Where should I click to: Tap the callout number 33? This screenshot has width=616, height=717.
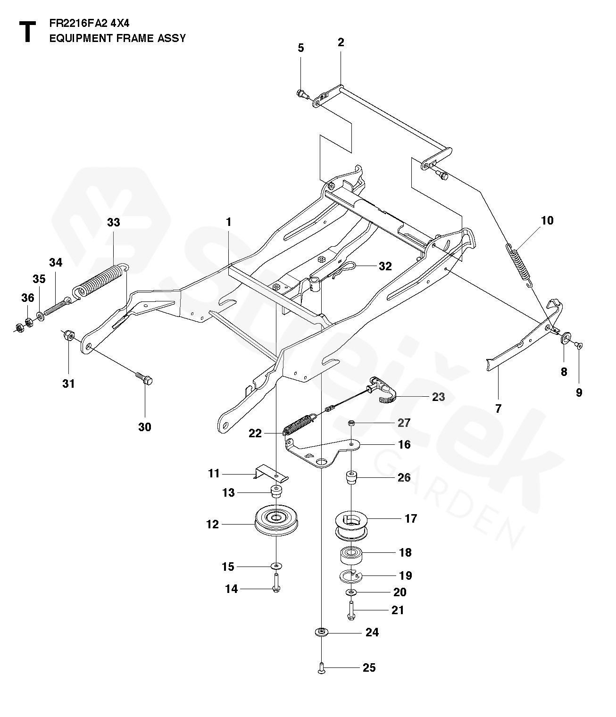pos(114,223)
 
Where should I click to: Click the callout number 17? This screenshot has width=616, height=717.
pos(411,518)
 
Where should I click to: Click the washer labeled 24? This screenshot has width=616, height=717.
pos(321,632)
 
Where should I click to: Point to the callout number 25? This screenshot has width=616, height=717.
pos(369,667)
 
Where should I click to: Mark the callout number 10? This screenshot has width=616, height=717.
pos(547,220)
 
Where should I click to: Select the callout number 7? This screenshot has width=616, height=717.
pos(498,409)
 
